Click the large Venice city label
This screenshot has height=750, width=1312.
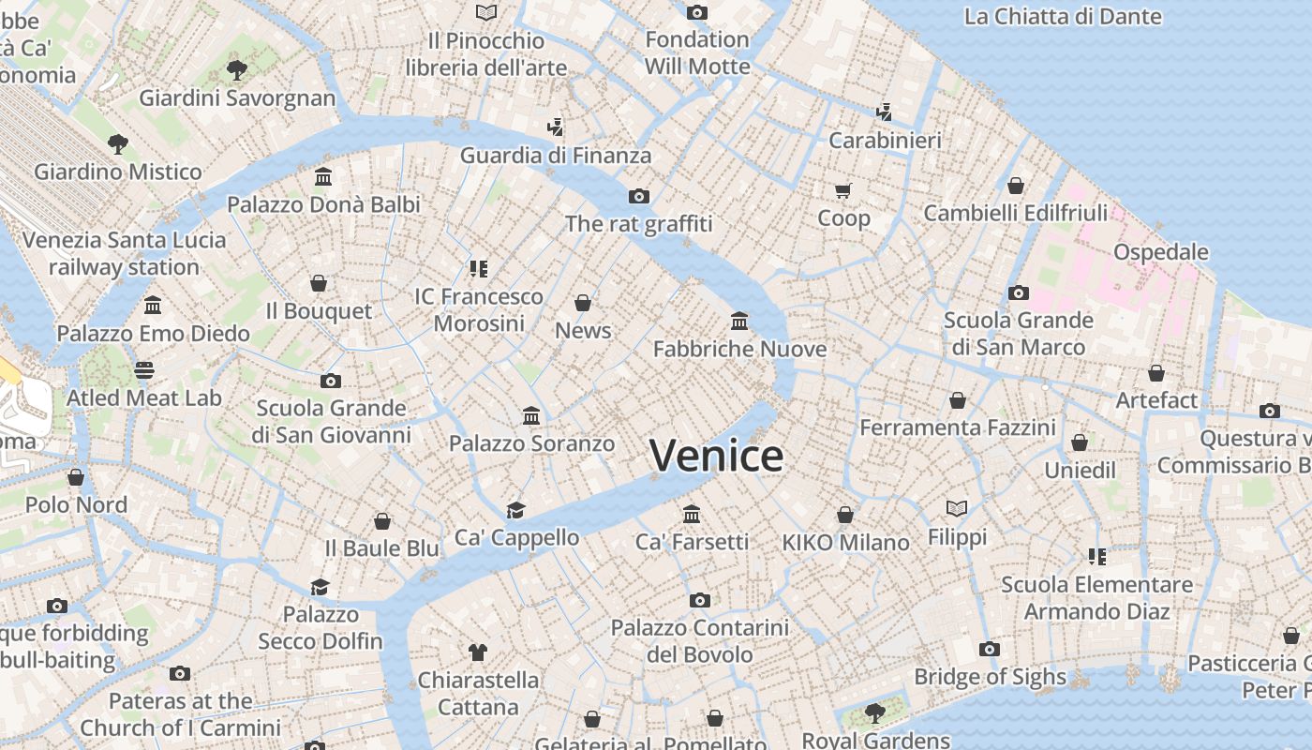click(717, 457)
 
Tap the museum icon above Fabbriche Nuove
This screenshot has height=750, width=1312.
click(739, 322)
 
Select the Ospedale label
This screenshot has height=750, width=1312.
click(1160, 252)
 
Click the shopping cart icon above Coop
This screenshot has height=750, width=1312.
click(842, 191)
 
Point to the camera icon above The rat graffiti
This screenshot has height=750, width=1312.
click(639, 196)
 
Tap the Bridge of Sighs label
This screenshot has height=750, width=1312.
click(990, 677)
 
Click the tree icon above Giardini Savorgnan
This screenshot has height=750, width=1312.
click(237, 69)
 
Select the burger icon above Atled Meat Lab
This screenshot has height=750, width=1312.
click(143, 369)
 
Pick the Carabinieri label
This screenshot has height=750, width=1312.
click(885, 141)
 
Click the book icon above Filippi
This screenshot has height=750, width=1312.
click(957, 508)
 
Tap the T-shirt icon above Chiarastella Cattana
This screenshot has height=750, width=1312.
click(478, 652)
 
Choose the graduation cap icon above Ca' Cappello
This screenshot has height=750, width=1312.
click(515, 510)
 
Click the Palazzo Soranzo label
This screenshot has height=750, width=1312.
click(531, 443)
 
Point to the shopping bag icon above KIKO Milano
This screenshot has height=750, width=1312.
click(845, 515)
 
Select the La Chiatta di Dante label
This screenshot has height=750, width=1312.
click(1063, 17)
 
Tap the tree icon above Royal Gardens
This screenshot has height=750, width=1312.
click(874, 713)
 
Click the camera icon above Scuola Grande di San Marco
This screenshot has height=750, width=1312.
click(1019, 292)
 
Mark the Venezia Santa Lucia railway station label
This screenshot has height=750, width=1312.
click(124, 253)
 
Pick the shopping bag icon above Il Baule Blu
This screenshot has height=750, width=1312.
click(381, 521)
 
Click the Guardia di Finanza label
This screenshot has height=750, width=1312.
click(555, 156)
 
